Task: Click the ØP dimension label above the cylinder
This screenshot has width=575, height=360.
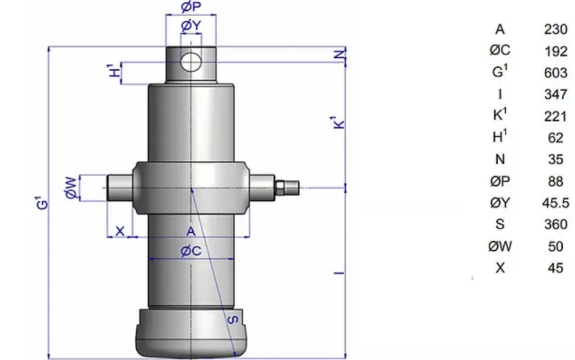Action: pos(191,7)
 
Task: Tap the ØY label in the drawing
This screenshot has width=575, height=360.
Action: pos(191,26)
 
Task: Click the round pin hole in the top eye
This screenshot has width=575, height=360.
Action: pos(190,62)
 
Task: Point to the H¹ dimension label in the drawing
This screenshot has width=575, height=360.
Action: pos(115,70)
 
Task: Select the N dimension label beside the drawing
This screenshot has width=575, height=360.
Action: pos(341,55)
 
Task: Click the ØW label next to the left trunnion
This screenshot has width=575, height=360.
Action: pos(72,188)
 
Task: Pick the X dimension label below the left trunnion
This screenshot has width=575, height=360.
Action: pos(120,231)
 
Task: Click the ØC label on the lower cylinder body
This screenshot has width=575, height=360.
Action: pos(191,251)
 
